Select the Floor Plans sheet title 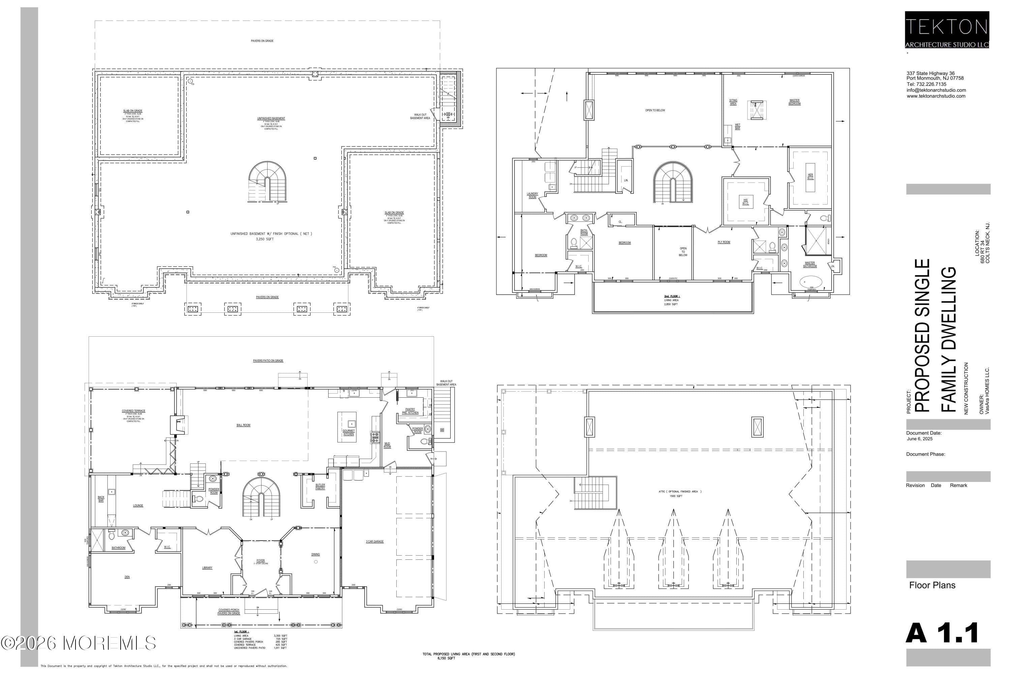pos(932,585)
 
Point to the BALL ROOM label pos(243,425)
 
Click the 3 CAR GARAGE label pos(374,542)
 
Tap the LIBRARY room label pos(207,568)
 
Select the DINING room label pos(315,554)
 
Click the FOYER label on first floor pos(261,560)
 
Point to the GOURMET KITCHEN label pos(348,432)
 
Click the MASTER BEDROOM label pos(794,102)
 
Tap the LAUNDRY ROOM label pos(532,195)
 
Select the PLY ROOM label pos(724,242)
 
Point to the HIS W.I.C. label pos(745,202)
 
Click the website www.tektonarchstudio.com pos(936,96)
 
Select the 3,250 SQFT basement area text pos(265,239)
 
